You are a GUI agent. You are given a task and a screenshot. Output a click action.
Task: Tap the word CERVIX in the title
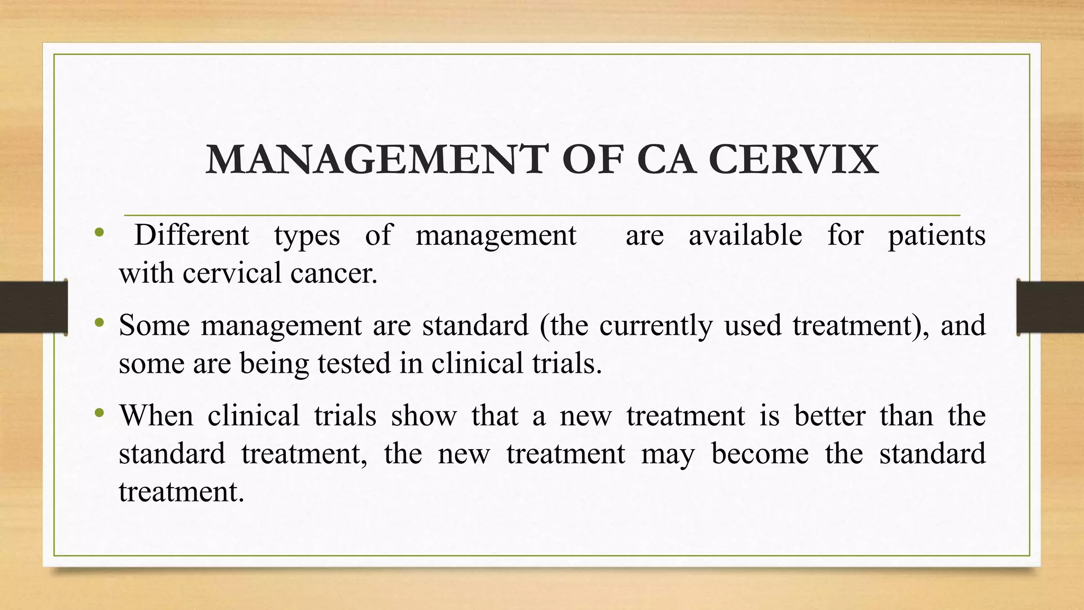click(x=793, y=159)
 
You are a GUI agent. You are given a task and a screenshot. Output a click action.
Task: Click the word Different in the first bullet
click(x=191, y=235)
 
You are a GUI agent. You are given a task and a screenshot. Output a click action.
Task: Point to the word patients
click(x=936, y=236)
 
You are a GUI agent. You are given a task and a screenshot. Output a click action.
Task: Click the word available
click(x=745, y=235)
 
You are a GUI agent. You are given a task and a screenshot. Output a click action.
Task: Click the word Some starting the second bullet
click(x=154, y=325)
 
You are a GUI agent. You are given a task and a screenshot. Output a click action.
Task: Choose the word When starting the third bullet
click(x=156, y=415)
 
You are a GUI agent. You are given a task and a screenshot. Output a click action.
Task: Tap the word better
click(x=829, y=415)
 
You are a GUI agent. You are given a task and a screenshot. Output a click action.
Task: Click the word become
click(x=760, y=454)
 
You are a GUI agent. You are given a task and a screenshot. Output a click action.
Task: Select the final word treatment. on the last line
click(x=181, y=492)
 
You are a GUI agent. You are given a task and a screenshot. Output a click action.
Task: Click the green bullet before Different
click(x=98, y=232)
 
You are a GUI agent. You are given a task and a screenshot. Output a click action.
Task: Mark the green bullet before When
click(x=98, y=413)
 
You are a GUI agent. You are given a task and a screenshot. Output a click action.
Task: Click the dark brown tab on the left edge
click(x=33, y=307)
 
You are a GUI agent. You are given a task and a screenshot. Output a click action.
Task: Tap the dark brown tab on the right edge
click(x=1050, y=307)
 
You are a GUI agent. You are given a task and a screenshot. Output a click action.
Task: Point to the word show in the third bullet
click(x=423, y=415)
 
